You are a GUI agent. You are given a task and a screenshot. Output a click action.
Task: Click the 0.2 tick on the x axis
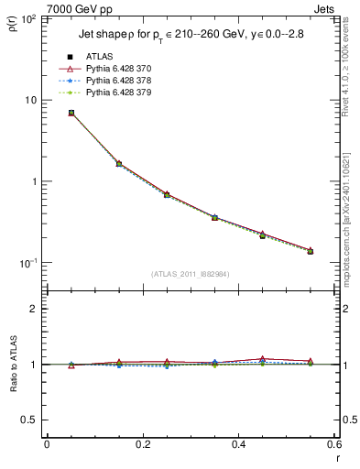coord(142,443)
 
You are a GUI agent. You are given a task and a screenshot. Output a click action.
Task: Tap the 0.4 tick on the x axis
coord(238,443)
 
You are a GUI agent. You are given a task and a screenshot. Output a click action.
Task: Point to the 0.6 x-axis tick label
coord(333,443)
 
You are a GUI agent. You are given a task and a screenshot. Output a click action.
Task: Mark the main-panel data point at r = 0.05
coord(71,113)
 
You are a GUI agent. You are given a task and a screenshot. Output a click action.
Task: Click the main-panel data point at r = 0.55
coord(310,250)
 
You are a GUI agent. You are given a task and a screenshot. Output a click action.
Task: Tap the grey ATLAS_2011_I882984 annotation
coord(190,273)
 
